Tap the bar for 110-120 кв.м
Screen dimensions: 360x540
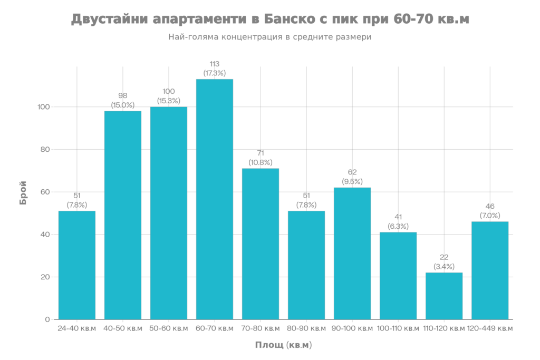pos(444,295)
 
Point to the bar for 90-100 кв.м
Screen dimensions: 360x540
pos(352,253)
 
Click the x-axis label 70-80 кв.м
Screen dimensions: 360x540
pos(261,328)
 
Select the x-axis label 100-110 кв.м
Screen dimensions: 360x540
pos(398,328)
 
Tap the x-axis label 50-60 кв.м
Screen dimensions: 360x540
pos(169,328)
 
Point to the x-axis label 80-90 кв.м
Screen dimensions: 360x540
pos(306,328)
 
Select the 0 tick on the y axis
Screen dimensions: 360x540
pos(47,319)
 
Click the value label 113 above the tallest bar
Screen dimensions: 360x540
pos(214,64)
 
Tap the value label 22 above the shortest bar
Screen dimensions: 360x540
pos(444,257)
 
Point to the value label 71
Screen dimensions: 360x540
pos(261,153)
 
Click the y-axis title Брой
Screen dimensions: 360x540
pos(24,192)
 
